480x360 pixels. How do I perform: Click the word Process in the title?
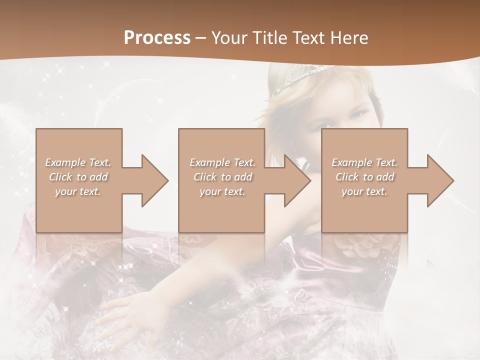(x=157, y=37)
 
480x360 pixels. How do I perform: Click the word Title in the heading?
(x=269, y=38)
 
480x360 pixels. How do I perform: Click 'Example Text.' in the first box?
(x=78, y=162)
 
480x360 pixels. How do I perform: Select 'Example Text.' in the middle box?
(x=222, y=162)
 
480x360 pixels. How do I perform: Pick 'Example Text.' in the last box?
(x=364, y=162)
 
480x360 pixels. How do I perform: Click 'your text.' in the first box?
(x=78, y=191)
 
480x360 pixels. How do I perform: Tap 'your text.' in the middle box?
(x=222, y=191)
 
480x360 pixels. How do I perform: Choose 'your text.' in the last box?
(x=364, y=191)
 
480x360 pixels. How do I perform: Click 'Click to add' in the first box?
(x=78, y=177)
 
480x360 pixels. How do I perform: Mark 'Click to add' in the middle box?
(x=222, y=177)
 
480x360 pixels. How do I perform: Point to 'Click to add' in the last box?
(x=364, y=177)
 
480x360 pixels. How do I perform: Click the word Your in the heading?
(x=228, y=38)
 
